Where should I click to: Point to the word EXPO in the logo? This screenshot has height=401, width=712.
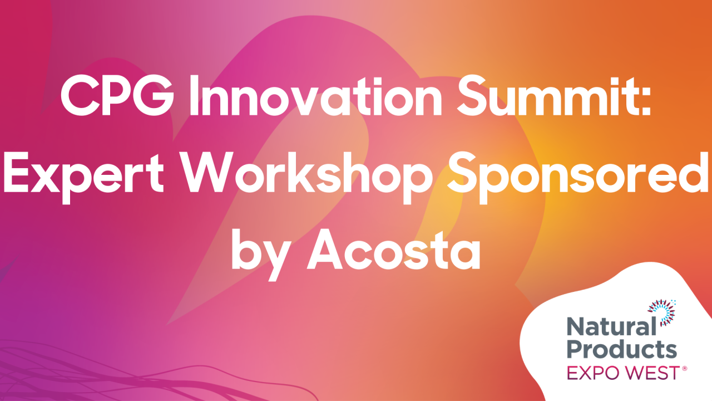[x=590, y=373]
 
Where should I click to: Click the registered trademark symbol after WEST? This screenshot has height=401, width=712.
[x=684, y=369]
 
